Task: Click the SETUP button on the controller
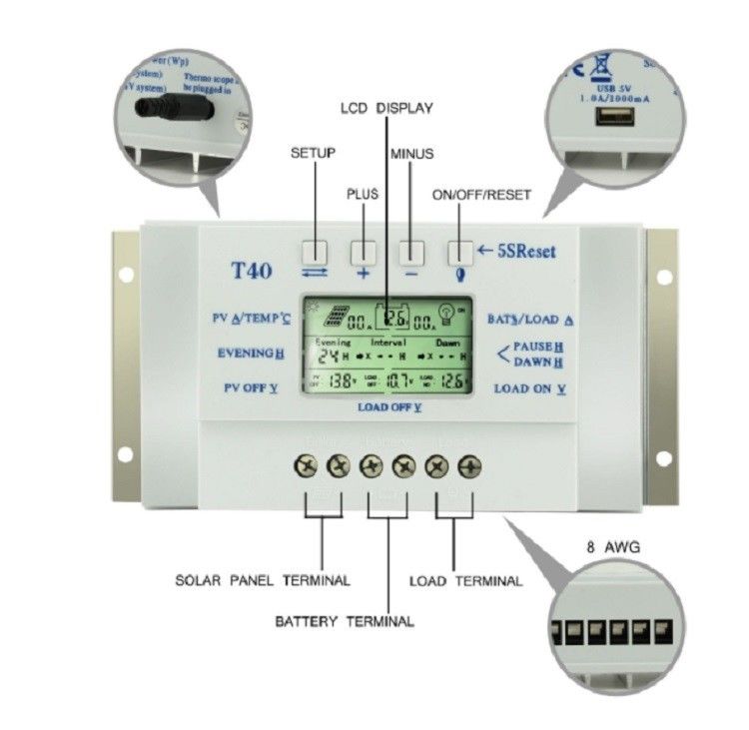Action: pyautogui.click(x=315, y=250)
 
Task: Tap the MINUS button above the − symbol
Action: pyautogui.click(x=410, y=250)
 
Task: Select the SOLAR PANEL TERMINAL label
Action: pyautogui.click(x=262, y=580)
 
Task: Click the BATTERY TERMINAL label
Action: pyautogui.click(x=344, y=621)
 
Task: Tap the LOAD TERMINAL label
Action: pyautogui.click(x=465, y=580)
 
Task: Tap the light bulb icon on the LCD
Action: pyautogui.click(x=448, y=318)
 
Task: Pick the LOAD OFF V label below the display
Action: pyautogui.click(x=389, y=407)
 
